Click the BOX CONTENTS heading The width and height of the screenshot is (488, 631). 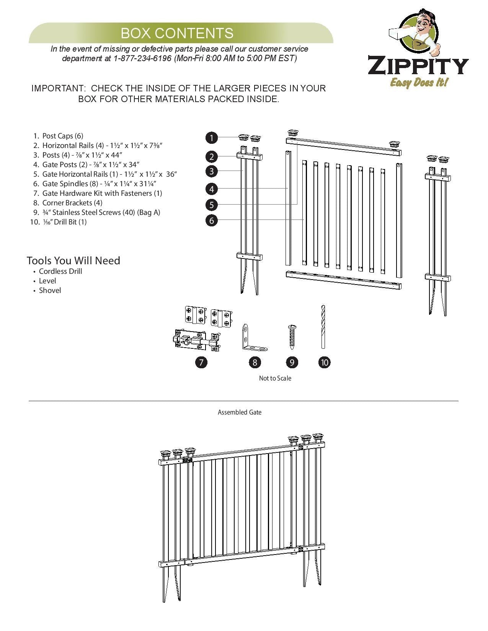click(x=177, y=33)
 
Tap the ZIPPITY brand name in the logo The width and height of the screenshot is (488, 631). click(x=418, y=66)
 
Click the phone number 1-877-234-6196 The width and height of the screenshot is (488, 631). click(x=142, y=59)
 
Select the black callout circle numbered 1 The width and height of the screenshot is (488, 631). click(x=211, y=138)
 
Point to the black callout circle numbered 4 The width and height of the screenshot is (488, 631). click(x=211, y=189)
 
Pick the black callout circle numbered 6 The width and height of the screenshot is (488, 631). click(x=211, y=220)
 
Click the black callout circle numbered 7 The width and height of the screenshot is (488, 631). click(x=201, y=362)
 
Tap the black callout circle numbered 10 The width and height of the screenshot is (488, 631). click(x=324, y=362)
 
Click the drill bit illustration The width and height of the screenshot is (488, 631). click(x=323, y=327)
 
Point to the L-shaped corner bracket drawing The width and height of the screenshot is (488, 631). click(x=253, y=338)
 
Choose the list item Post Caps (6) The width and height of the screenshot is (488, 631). click(x=62, y=136)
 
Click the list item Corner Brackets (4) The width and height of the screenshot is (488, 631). click(x=72, y=203)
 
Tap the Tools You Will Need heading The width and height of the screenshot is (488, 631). click(x=73, y=260)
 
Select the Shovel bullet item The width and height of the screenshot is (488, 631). click(x=50, y=290)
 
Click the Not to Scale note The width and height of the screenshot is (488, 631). click(x=275, y=378)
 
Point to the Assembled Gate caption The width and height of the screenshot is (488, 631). click(x=240, y=412)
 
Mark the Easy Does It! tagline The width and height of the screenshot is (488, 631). click(x=419, y=82)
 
